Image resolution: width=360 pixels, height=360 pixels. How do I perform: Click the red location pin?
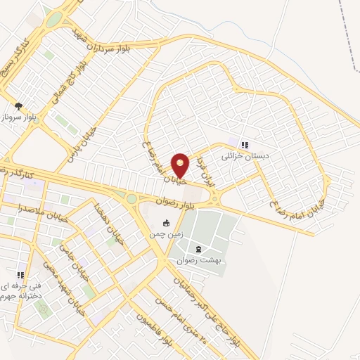(x=181, y=165)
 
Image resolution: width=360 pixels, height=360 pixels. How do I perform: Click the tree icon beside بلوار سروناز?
(x=18, y=105)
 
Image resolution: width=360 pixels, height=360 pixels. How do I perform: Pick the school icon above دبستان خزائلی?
(x=244, y=145)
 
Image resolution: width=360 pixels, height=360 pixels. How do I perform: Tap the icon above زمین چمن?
(x=166, y=224)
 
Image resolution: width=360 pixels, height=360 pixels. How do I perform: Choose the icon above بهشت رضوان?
(x=199, y=250)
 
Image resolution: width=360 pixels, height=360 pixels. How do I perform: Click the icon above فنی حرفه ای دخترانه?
(x=21, y=275)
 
